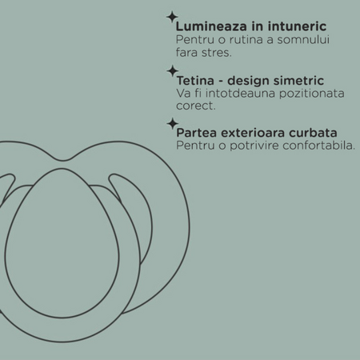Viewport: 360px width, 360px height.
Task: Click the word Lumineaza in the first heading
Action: coord(211,26)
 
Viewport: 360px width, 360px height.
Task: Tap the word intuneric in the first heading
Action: coord(297,26)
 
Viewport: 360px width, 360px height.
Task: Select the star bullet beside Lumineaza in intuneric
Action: coord(172,18)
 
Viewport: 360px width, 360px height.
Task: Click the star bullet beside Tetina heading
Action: coord(173,71)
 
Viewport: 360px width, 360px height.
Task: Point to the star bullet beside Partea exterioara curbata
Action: coord(173,123)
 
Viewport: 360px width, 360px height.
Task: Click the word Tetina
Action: coord(195,81)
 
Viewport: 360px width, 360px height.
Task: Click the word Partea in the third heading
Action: coord(197,133)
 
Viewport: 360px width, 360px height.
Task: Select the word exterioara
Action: coord(253,133)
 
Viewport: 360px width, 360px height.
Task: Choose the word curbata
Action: coord(313,133)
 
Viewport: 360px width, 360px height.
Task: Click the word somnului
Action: coord(303,39)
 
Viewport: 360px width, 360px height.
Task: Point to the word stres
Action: coord(217,53)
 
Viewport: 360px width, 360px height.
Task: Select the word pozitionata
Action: coord(312,94)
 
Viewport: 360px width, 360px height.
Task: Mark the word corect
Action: coord(196,106)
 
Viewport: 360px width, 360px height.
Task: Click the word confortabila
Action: coord(319,146)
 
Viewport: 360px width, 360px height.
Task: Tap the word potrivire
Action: coord(254,146)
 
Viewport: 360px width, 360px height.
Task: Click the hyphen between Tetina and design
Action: coord(221,82)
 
